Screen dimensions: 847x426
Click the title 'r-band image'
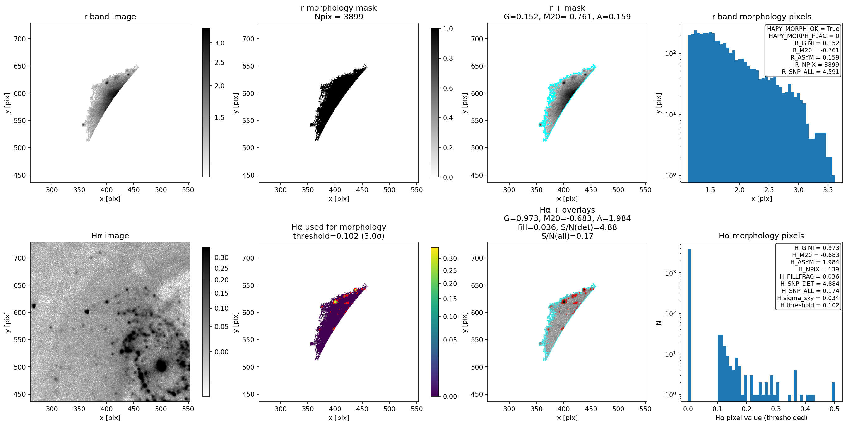(x=110, y=17)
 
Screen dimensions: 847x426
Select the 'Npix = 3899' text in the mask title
(x=339, y=17)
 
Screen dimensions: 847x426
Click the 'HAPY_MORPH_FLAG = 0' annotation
(x=804, y=36)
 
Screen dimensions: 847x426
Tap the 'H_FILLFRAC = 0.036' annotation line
(x=809, y=276)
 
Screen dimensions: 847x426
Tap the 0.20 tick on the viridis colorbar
(x=450, y=284)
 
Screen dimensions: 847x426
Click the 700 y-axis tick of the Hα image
(x=20, y=258)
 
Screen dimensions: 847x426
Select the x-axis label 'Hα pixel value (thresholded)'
(x=761, y=418)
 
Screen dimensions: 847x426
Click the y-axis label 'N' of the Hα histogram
(x=659, y=323)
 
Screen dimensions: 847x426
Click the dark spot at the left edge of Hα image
(x=34, y=306)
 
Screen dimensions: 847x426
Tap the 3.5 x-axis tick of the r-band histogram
(x=828, y=190)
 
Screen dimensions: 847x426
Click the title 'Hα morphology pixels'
(x=761, y=236)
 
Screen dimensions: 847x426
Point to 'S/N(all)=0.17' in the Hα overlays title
(x=567, y=236)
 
